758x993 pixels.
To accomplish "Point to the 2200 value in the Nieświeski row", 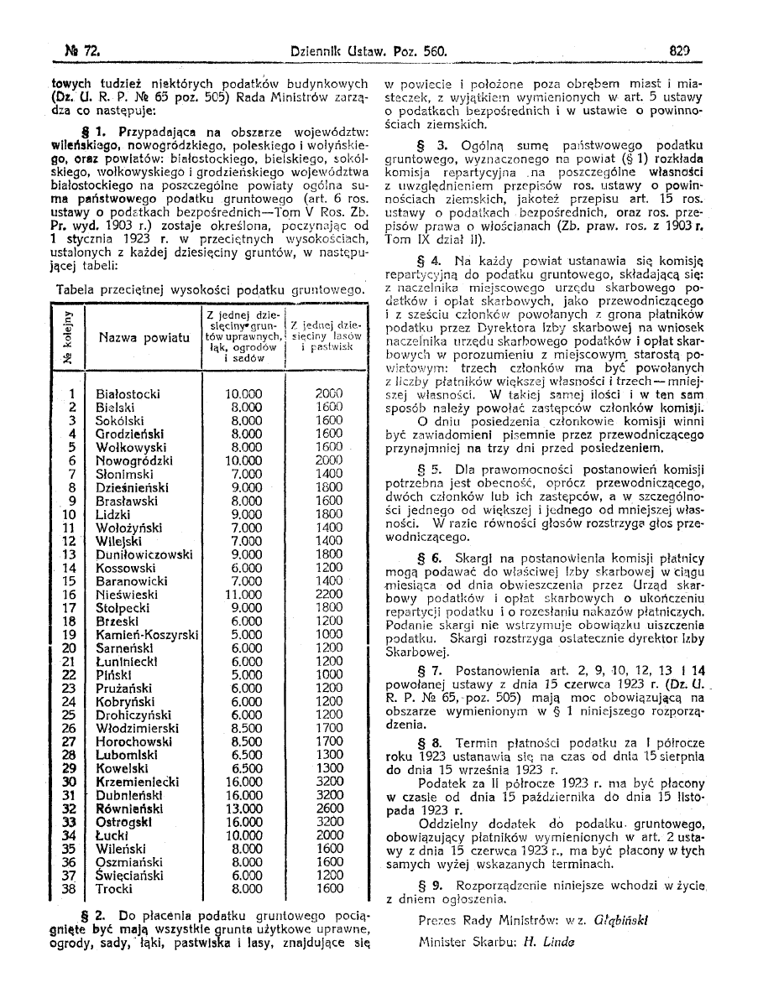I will [x=329, y=595].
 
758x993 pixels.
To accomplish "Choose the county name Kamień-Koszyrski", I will [x=147, y=635].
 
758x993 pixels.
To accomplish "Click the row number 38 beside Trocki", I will [x=71, y=888].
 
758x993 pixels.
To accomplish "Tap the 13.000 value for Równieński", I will [x=244, y=808].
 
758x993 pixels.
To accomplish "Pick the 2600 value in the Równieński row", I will [x=329, y=808].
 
